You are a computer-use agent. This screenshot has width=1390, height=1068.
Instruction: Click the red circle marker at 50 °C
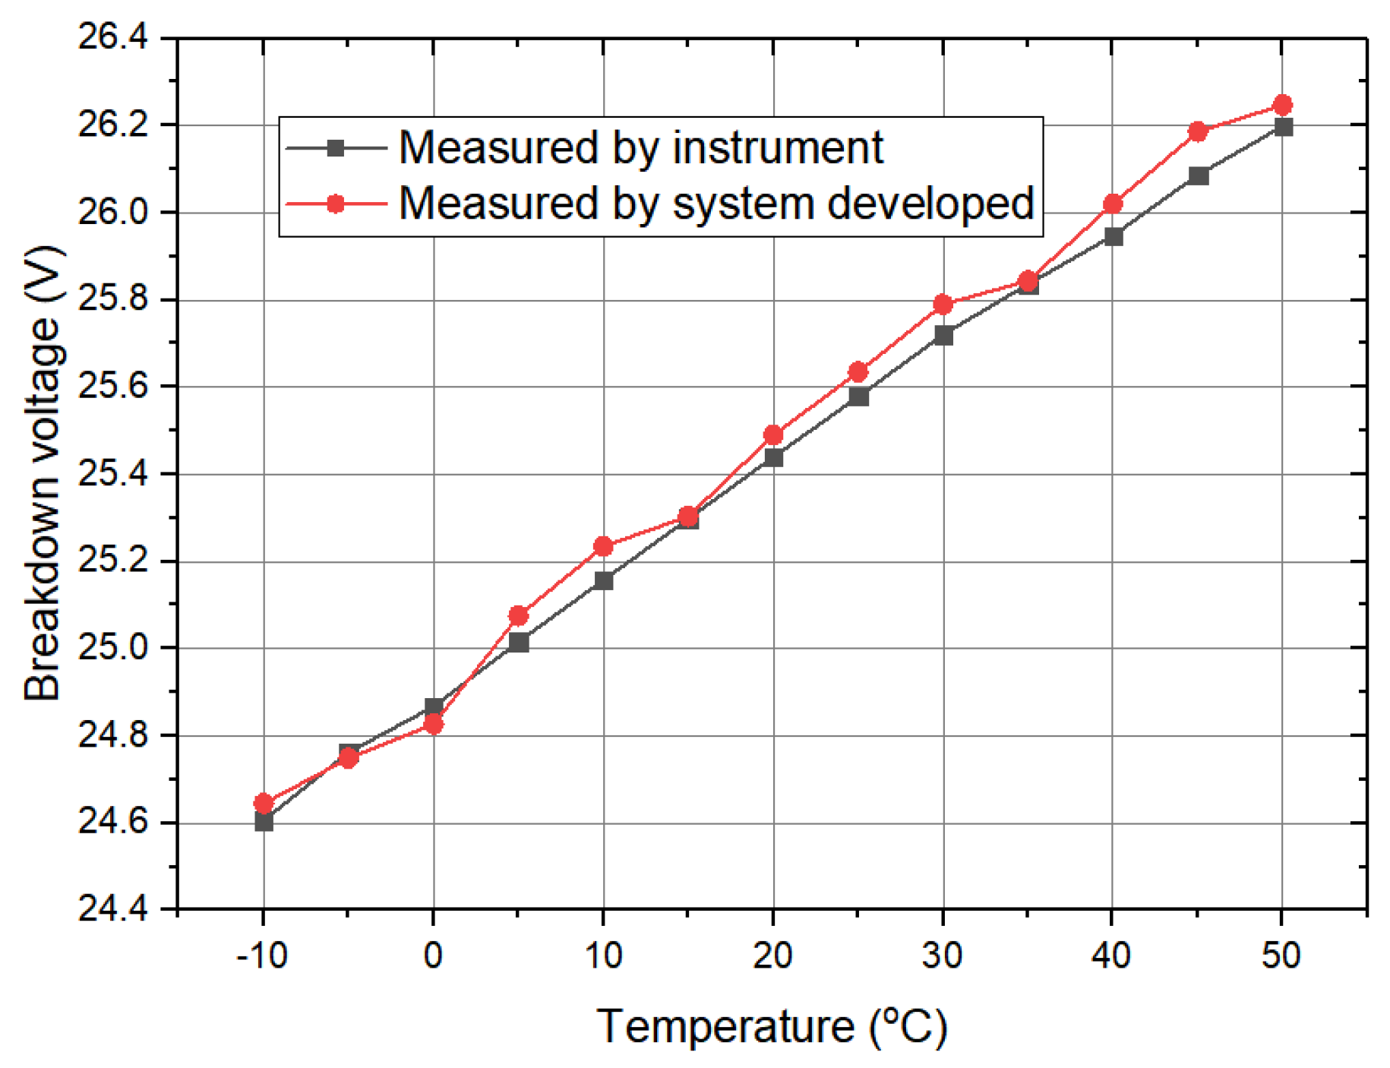coord(1281,105)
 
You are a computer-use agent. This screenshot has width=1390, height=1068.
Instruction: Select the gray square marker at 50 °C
coord(1283,127)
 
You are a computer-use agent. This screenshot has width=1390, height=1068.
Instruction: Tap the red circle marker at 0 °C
coord(433,724)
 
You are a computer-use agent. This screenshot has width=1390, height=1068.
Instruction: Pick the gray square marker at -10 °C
coord(264,821)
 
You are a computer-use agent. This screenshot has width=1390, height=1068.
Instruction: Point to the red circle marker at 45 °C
coord(1198,131)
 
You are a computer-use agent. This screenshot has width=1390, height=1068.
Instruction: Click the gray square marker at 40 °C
coord(1113,236)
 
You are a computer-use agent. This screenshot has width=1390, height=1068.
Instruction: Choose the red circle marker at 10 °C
coord(603,546)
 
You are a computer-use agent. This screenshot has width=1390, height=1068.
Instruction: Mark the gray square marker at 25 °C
coord(858,397)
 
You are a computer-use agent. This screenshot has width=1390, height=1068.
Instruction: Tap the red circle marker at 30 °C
coord(943,304)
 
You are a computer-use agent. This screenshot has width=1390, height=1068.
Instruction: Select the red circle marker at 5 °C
coord(518,615)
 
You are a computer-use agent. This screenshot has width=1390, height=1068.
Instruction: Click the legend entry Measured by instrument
coord(640,147)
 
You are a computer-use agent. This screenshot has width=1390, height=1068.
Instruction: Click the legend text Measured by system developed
coord(716,204)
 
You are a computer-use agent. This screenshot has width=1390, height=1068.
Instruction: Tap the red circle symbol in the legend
coord(335,204)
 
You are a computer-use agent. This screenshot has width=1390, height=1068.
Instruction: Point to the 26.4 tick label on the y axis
coord(113,38)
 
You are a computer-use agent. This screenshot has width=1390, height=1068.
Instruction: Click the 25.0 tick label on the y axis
coord(113,648)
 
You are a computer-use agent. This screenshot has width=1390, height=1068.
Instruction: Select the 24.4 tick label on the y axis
coord(113,909)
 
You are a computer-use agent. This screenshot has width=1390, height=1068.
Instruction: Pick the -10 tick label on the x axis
coord(261,955)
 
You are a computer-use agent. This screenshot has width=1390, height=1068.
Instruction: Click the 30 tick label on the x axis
coord(942,955)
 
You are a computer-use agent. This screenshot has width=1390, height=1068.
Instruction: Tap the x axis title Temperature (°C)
coord(772,1027)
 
